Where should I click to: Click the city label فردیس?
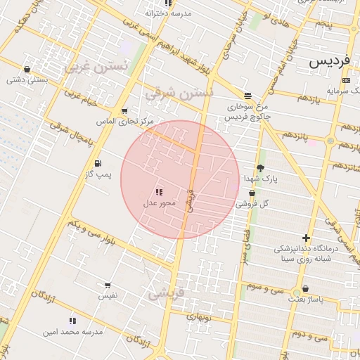(329, 61)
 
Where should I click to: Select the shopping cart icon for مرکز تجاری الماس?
(124, 111)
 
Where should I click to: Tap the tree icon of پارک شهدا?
(261, 168)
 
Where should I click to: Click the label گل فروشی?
(253, 204)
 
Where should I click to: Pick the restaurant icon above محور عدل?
(159, 192)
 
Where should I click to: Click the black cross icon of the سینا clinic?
(305, 238)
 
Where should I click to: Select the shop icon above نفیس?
(108, 285)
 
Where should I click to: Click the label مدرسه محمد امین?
(73, 330)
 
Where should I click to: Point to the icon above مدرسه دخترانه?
(167, 4)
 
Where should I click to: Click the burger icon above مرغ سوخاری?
(247, 95)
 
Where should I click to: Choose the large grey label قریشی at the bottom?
(166, 292)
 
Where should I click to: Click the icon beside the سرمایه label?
(345, 81)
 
